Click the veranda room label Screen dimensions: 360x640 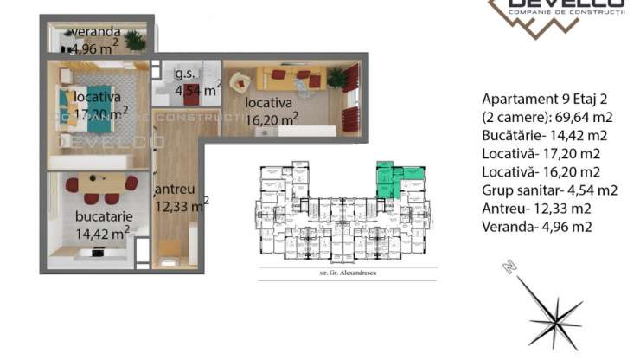point(95,33)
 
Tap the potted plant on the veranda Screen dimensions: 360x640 point(134,40)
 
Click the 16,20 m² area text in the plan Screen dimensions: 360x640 point(271,119)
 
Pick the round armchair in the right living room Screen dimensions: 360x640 point(240,82)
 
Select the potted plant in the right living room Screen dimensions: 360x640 point(336,77)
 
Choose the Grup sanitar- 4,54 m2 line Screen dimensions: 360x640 point(548,190)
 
